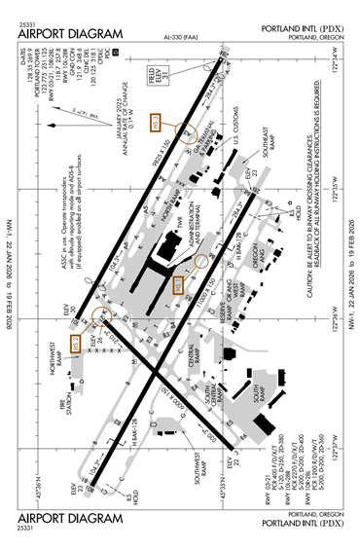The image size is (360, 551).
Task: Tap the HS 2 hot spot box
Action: (178, 283)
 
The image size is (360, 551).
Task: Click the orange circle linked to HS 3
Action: (185, 132)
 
